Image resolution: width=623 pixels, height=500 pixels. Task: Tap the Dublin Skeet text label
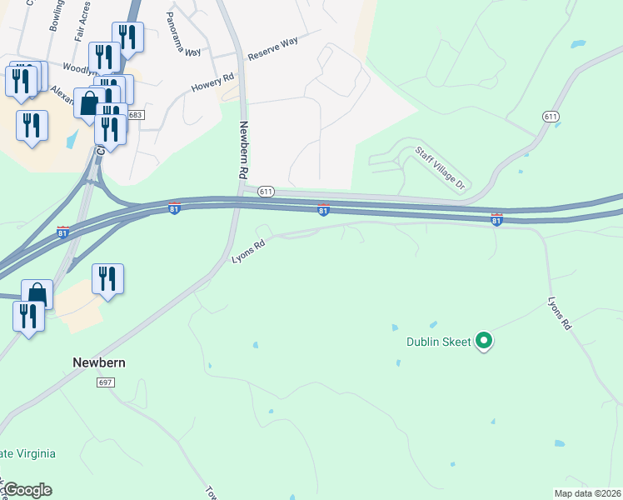point(438,341)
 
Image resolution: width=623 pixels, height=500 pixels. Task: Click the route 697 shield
point(105,382)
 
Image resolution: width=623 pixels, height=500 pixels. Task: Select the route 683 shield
point(137,115)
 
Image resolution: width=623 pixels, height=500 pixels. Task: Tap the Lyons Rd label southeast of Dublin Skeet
point(559,312)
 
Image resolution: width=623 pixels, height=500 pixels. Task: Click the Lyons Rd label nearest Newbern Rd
point(248,252)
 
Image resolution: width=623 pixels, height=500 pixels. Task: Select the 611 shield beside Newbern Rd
point(266,191)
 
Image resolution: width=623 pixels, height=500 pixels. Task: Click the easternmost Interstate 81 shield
point(496,219)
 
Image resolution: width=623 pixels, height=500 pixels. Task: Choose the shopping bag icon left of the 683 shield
point(89,103)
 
